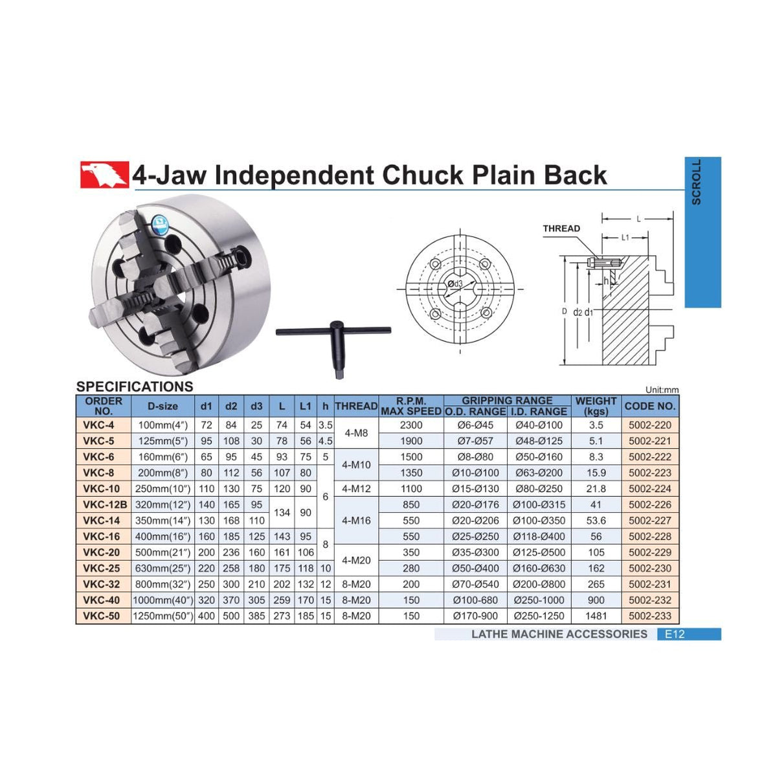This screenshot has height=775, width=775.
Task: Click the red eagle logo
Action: point(104,174)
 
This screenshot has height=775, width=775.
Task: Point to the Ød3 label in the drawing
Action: point(455,284)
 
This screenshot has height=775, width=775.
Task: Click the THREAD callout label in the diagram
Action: point(561,229)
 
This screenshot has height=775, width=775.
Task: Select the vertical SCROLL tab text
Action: point(696,183)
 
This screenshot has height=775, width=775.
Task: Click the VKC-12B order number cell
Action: point(104,504)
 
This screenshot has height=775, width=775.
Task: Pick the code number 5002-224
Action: point(650,489)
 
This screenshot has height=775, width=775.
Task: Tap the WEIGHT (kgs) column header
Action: point(596,406)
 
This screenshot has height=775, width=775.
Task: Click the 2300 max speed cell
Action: point(411,425)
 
